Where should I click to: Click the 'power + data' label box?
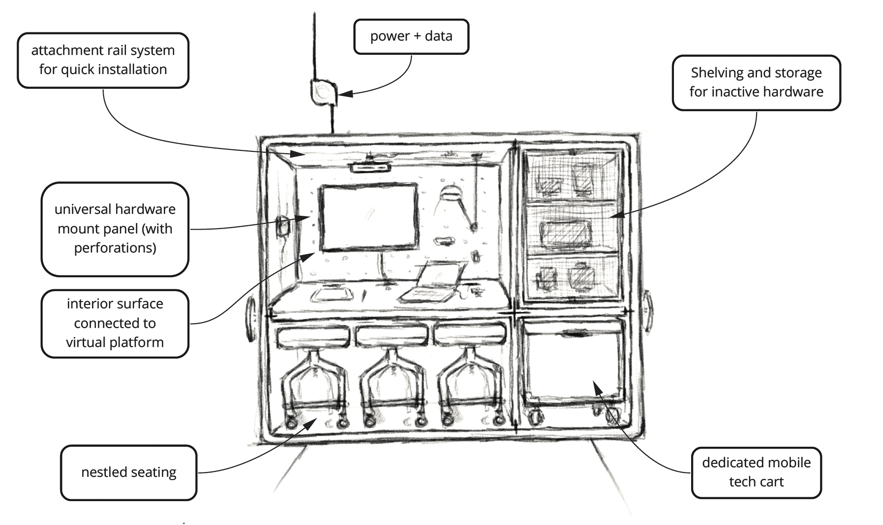point(411,36)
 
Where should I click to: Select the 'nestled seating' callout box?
point(128,472)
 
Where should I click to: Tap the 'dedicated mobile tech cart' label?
point(756,472)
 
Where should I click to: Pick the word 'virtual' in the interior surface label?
point(89,342)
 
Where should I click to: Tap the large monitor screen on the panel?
point(368,218)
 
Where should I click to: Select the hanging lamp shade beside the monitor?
point(450,193)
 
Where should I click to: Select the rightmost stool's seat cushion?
point(470,335)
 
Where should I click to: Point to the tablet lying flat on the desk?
point(332,294)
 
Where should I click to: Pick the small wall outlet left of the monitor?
point(283,225)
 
